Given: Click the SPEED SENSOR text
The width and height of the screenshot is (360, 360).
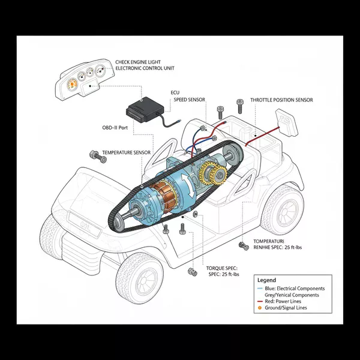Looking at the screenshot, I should (x=189, y=100).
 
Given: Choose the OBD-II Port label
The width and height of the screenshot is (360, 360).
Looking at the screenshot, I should (x=116, y=128).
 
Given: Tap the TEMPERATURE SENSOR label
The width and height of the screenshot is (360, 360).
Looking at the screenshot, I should (x=126, y=153).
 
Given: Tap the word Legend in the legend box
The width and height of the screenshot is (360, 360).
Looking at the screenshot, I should (x=266, y=280).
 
